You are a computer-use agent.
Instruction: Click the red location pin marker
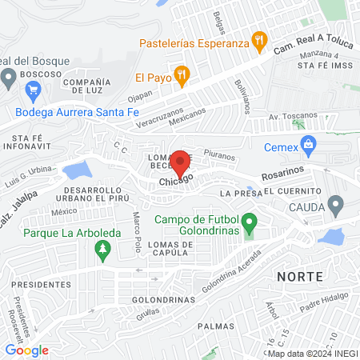click(181, 162)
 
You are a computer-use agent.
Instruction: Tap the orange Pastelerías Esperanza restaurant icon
click(258, 39)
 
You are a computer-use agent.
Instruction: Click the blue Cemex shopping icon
click(307, 144)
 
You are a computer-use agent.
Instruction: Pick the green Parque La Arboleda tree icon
click(102, 251)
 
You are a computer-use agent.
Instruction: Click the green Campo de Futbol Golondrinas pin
click(249, 221)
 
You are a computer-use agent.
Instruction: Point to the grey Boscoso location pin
click(9, 77)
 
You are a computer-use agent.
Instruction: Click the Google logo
click(26, 350)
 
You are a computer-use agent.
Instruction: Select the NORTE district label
click(299, 275)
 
